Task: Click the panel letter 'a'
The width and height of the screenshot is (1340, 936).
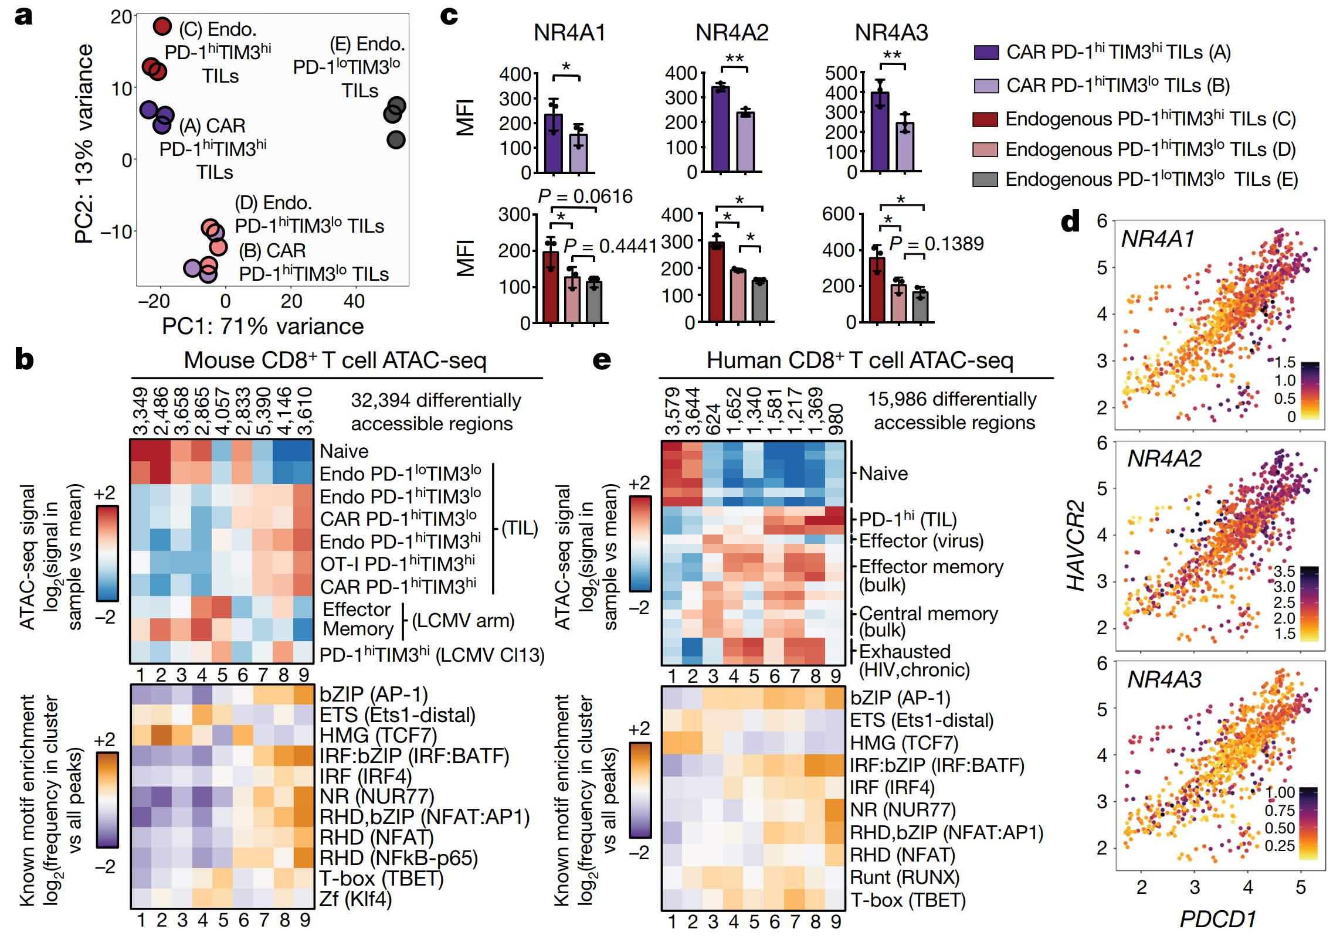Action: (x=23, y=16)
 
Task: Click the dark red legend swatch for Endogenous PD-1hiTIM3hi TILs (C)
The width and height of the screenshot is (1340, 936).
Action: (x=985, y=120)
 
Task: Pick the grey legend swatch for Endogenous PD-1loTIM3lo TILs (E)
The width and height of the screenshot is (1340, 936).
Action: (x=985, y=179)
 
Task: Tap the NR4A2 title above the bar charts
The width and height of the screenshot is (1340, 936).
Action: (x=731, y=33)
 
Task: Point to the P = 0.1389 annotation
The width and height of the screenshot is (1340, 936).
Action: (x=936, y=244)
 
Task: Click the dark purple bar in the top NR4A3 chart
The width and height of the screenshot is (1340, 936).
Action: (x=880, y=131)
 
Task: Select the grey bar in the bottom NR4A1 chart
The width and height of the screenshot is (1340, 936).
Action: (x=594, y=302)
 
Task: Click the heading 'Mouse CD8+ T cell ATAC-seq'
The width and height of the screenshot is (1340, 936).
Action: (x=335, y=360)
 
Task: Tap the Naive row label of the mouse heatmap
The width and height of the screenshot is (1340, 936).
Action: (x=344, y=451)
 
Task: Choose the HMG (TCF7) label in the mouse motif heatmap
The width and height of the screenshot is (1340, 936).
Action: (x=378, y=735)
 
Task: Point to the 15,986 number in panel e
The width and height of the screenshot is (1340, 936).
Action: (x=897, y=399)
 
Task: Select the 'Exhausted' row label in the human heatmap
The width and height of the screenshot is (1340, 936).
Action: (x=904, y=651)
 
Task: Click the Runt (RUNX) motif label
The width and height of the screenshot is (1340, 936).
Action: (x=904, y=877)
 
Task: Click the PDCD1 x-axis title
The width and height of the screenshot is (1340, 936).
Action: (x=1217, y=918)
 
